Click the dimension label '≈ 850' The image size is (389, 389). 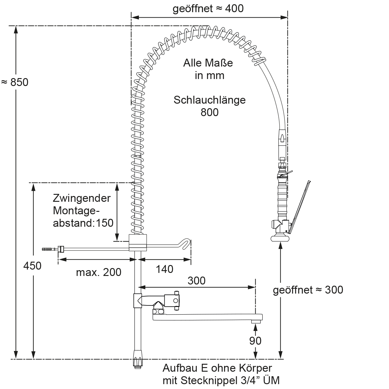click(15, 82)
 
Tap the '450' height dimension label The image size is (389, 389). click(32, 266)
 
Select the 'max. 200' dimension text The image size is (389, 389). click(98, 272)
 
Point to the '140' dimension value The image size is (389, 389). click(164, 269)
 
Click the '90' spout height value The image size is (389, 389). click(255, 341)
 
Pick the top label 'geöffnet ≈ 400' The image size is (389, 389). click(208, 9)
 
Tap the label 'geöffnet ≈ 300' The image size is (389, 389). click(308, 290)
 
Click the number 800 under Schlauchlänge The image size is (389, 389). click(209, 112)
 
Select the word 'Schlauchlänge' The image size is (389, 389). click(209, 100)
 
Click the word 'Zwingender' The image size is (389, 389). click(82, 198)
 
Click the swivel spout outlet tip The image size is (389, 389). click(256, 321)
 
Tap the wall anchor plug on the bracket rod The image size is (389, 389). click(49, 249)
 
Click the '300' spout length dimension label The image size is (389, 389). click(196, 281)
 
